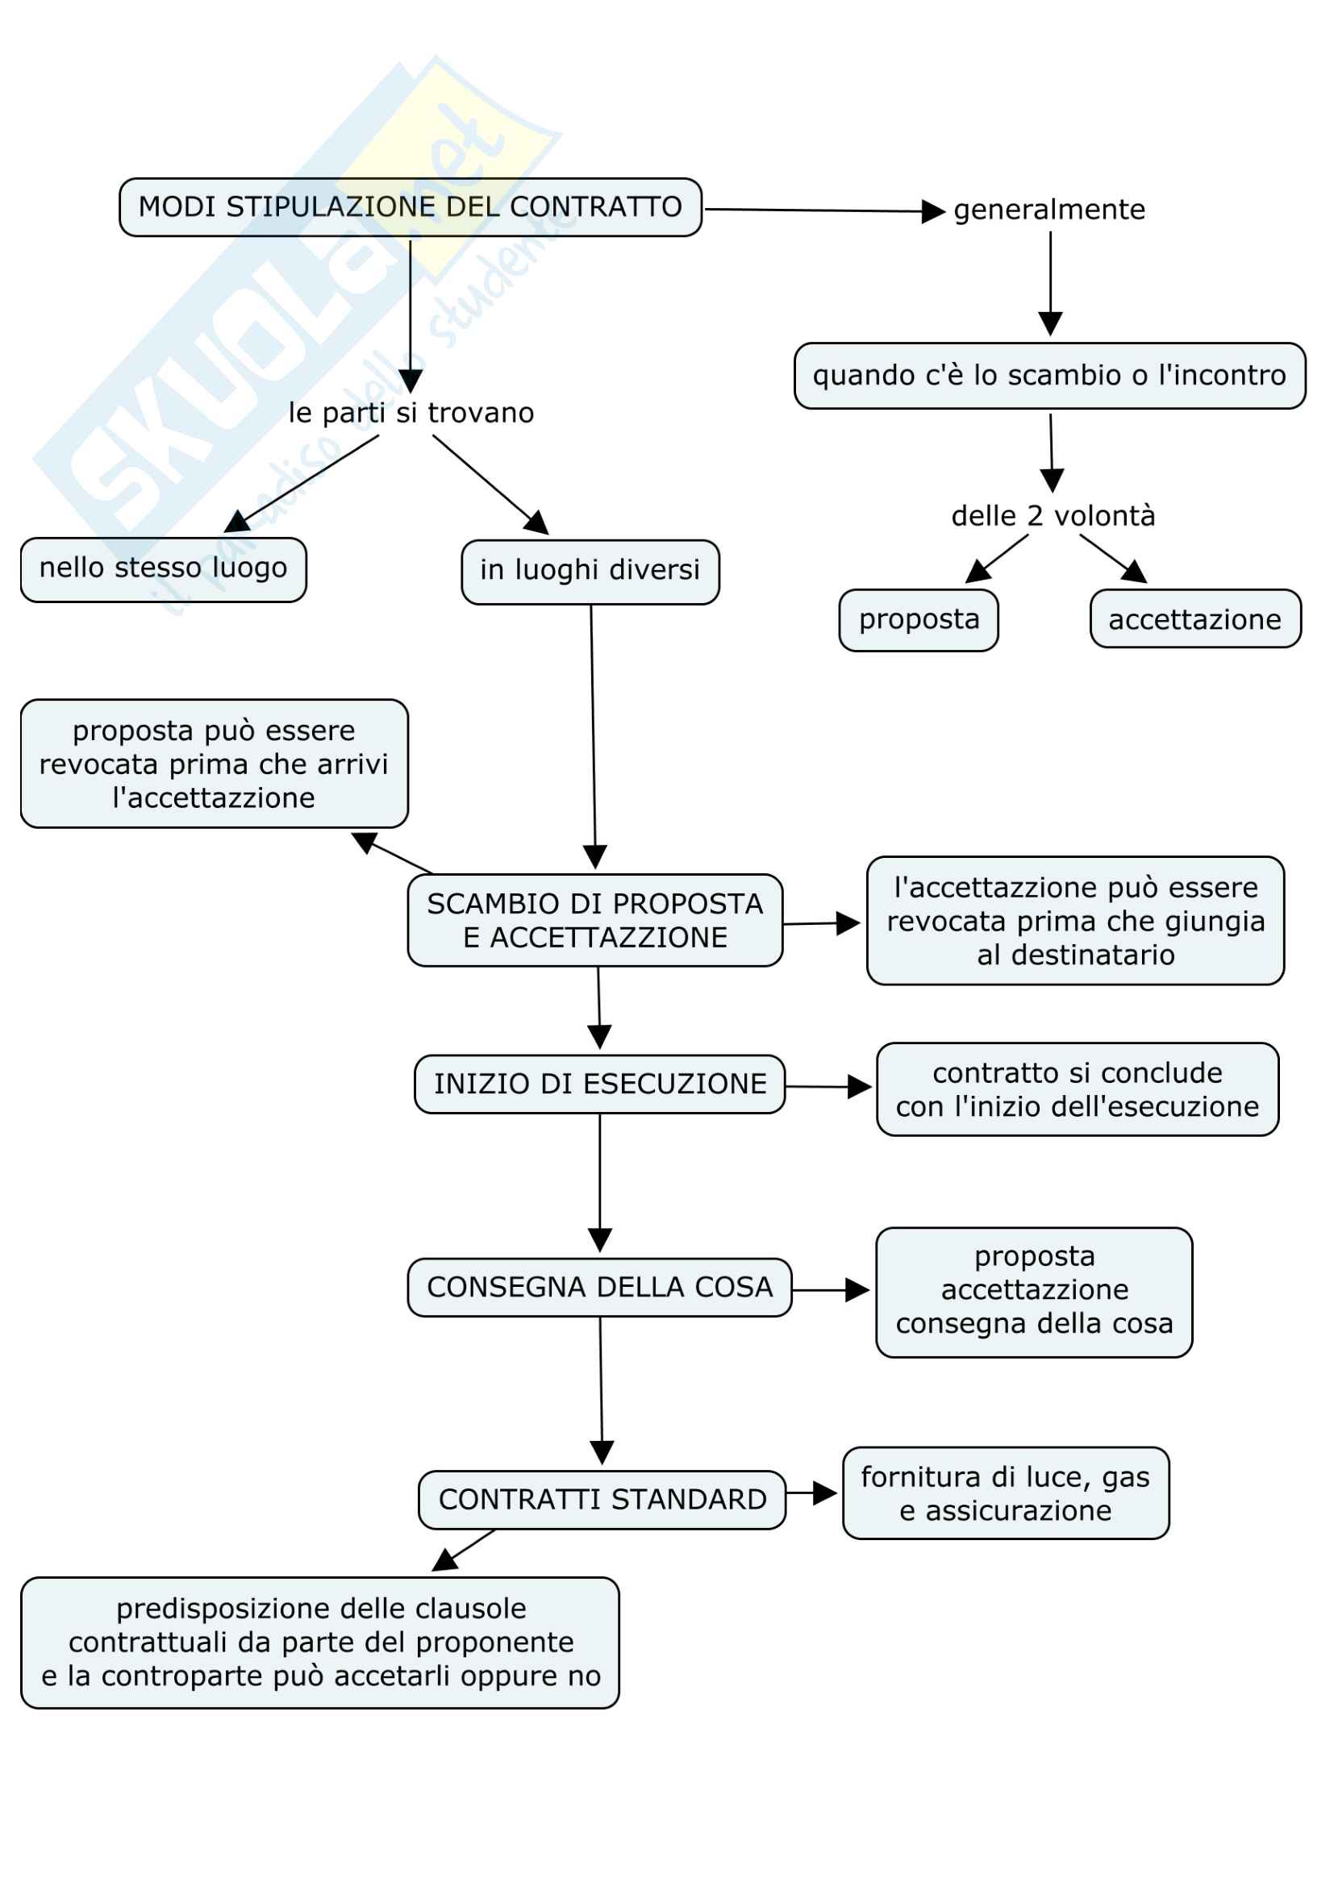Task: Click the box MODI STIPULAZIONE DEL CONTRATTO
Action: tap(410, 207)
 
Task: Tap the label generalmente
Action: tap(1049, 210)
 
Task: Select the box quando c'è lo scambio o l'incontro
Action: tap(1049, 376)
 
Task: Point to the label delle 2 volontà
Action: tap(1053, 516)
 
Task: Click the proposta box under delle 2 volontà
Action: tap(919, 620)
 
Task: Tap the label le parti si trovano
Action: tap(411, 412)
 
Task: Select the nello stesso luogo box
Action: tap(164, 569)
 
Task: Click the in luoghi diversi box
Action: tap(590, 572)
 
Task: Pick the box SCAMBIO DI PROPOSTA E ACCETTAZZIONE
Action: tap(594, 920)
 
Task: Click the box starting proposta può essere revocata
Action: tap(214, 764)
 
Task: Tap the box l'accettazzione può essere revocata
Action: tap(1075, 921)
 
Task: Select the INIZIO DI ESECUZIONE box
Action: tap(599, 1085)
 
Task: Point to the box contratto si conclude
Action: tap(1077, 1090)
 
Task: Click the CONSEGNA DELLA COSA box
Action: tap(599, 1287)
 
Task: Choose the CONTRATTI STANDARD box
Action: tap(602, 1500)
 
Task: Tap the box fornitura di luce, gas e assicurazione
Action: tap(1006, 1494)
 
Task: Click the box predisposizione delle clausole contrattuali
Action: tap(320, 1642)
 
